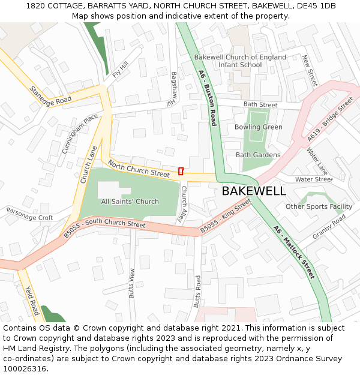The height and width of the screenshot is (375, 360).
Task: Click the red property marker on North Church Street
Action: (181, 171)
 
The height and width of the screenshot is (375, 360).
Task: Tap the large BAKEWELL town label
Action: (254, 191)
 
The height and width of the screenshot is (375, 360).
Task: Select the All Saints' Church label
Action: (130, 202)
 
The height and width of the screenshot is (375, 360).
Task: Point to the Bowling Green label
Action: (258, 127)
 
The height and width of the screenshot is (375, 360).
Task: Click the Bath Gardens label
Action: (258, 155)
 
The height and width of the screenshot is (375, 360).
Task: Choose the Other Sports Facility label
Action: (319, 206)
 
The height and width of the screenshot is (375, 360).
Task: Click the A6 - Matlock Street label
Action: (293, 252)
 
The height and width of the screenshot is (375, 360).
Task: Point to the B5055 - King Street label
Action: (225, 217)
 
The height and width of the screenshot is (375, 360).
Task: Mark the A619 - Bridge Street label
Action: (330, 119)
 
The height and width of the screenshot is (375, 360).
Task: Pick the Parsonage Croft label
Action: (29, 214)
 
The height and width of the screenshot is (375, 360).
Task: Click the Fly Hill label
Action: (121, 70)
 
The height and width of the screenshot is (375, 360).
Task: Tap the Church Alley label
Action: (185, 202)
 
